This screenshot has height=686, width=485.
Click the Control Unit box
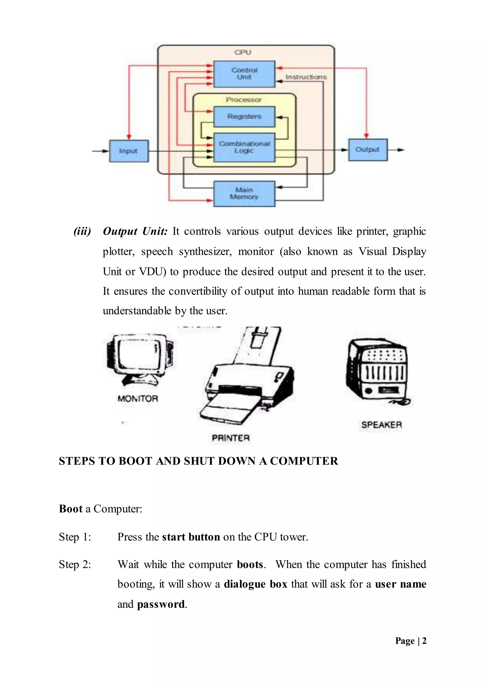click(244, 74)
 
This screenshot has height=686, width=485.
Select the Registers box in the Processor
click(244, 117)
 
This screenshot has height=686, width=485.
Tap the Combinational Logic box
click(244, 147)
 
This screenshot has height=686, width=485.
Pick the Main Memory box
click(244, 194)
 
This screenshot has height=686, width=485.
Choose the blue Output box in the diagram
click(368, 150)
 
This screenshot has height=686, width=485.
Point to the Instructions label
click(306, 77)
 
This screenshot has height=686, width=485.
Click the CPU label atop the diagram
click(243, 52)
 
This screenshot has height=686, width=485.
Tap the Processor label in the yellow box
click(244, 100)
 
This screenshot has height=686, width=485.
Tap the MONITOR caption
click(138, 399)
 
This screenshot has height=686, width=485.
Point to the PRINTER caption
click(231, 438)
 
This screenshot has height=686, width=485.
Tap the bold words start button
click(191, 537)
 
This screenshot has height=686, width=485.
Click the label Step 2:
click(75, 564)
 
